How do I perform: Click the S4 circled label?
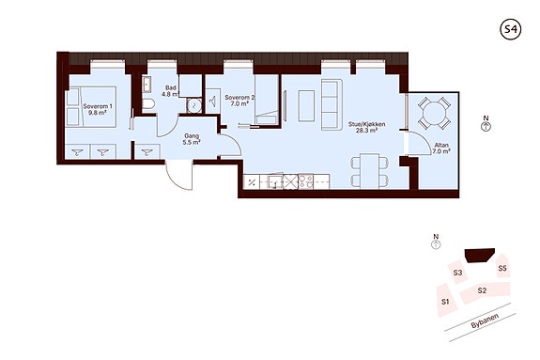click(510, 29)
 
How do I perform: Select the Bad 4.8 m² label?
click(171, 90)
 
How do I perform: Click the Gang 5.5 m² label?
click(192, 139)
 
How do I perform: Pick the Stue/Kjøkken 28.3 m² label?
click(366, 127)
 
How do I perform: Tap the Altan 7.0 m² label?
click(441, 149)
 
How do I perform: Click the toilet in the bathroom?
click(148, 104)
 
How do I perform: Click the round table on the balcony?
click(434, 113)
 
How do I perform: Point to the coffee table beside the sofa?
click(306, 105)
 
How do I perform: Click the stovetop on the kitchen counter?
click(305, 181)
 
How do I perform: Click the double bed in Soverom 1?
click(91, 106)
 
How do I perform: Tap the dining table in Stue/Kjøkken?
click(370, 171)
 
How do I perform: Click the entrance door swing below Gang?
click(178, 176)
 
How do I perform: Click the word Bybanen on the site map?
click(485, 322)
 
